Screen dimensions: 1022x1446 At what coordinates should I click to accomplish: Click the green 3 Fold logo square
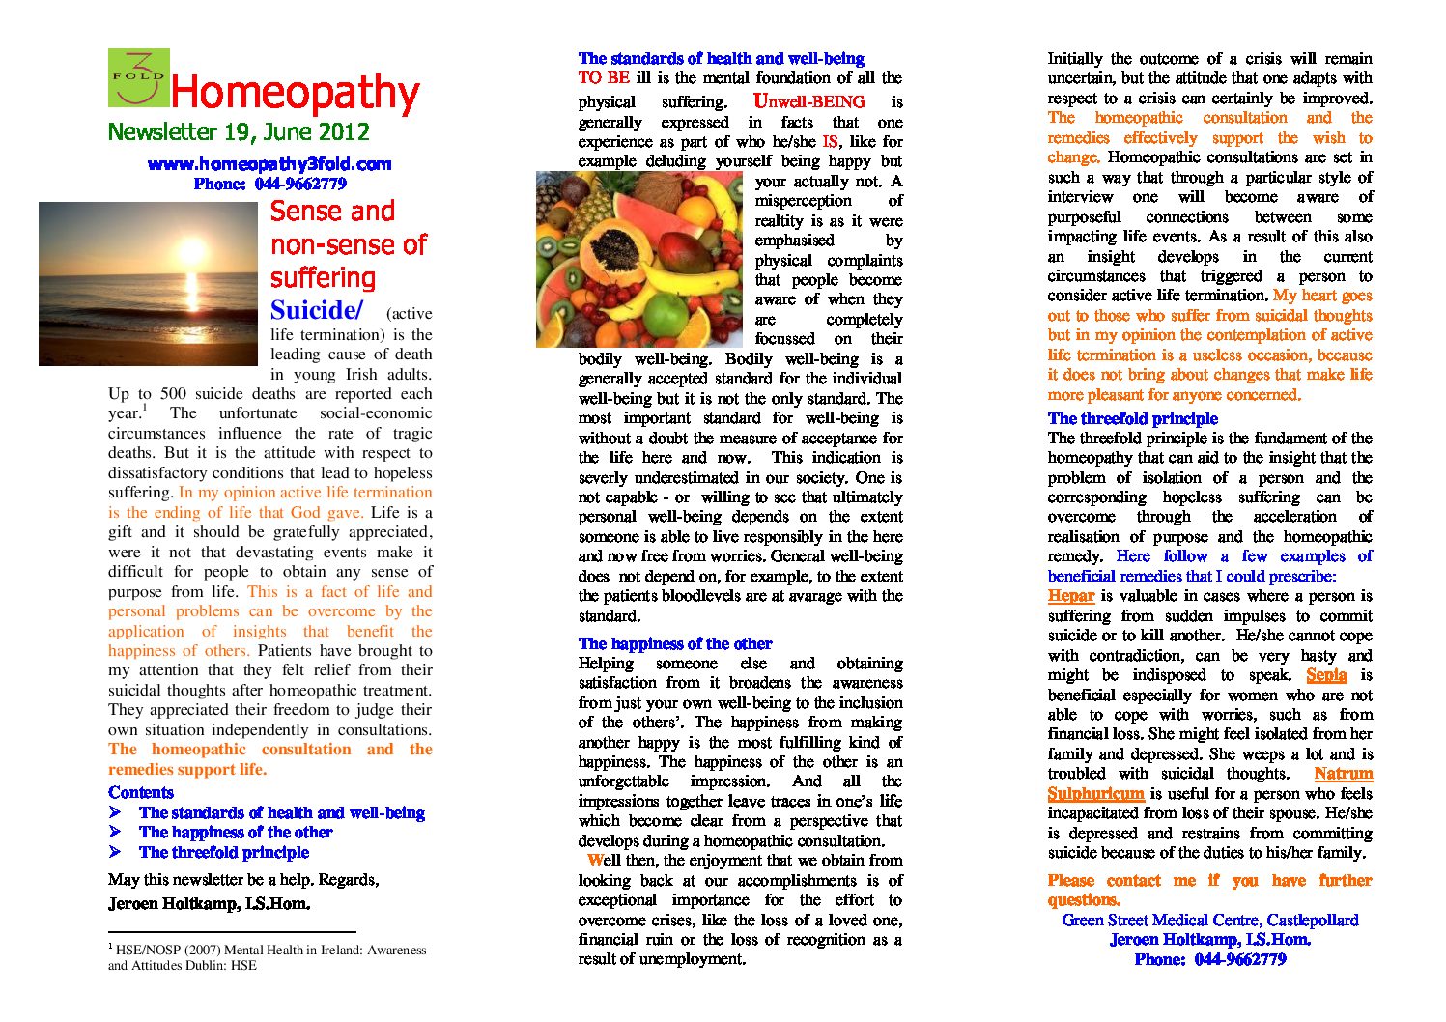pyautogui.click(x=138, y=77)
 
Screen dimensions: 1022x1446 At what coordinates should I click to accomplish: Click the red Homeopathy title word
pyautogui.click(x=295, y=94)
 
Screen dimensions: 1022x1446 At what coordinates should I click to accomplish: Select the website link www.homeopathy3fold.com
pyautogui.click(x=269, y=164)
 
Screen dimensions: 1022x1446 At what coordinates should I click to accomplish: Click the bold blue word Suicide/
pyautogui.click(x=317, y=310)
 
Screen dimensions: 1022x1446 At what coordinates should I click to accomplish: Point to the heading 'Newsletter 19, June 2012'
pyautogui.click(x=239, y=132)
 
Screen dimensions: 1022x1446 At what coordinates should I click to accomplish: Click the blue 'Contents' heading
pyautogui.click(x=141, y=793)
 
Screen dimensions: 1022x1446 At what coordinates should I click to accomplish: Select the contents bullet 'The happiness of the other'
pyautogui.click(x=236, y=833)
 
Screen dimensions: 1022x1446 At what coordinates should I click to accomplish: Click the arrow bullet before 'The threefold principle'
pyautogui.click(x=115, y=852)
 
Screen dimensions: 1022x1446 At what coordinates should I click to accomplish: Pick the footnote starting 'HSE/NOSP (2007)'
pyautogui.click(x=267, y=957)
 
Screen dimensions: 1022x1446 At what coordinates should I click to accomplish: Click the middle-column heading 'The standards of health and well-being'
pyautogui.click(x=721, y=59)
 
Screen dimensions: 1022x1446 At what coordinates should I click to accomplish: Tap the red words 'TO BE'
pyautogui.click(x=604, y=78)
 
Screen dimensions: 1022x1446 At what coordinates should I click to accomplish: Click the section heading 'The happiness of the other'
pyautogui.click(x=675, y=643)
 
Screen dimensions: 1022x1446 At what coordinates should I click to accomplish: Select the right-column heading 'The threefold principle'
pyautogui.click(x=1132, y=418)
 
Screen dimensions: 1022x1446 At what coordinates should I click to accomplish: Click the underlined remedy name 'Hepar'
pyautogui.click(x=1070, y=596)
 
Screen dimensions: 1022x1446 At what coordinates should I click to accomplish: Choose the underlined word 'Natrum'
pyautogui.click(x=1343, y=774)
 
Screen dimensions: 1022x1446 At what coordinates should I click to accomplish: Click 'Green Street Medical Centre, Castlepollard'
pyautogui.click(x=1210, y=921)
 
